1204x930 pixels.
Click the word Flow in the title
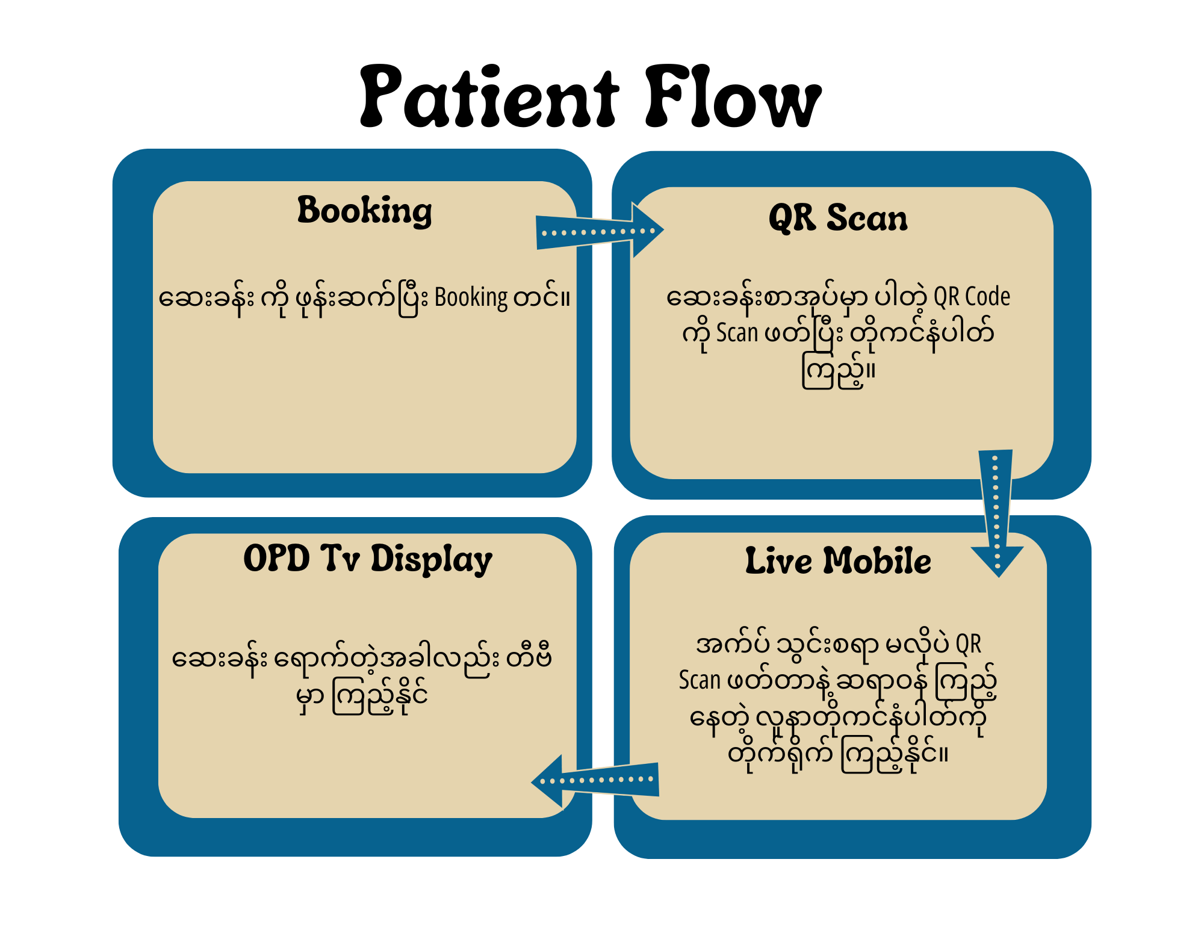[733, 98]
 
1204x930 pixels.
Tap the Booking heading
[365, 211]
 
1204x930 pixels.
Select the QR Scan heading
[838, 218]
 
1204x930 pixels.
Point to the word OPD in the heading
[276, 558]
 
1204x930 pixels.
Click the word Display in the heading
[431, 560]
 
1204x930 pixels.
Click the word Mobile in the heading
[877, 561]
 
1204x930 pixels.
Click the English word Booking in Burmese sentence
[471, 298]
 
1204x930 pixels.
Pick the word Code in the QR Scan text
[987, 297]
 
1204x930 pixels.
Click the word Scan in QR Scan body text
[737, 333]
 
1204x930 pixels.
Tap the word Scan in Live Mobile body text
[700, 680]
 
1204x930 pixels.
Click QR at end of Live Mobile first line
[969, 644]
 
